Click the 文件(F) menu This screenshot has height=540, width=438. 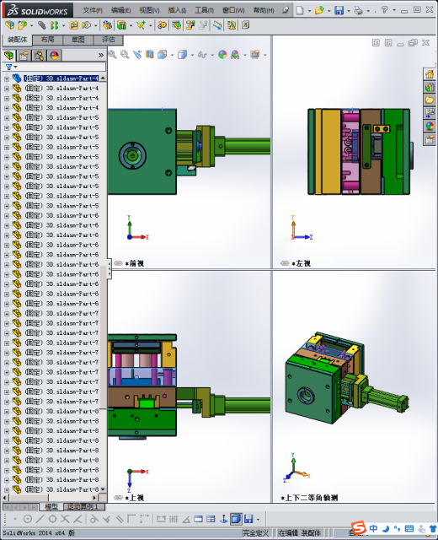tap(93, 10)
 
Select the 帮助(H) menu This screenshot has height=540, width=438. tap(263, 10)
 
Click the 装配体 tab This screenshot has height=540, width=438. tap(17, 40)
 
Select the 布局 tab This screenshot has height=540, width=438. tap(48, 40)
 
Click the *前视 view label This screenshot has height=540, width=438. tap(135, 263)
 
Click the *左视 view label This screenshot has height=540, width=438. tap(302, 263)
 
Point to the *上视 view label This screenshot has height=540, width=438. tap(135, 498)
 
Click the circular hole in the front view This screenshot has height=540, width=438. tap(131, 155)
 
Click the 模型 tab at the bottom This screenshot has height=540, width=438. tap(51, 507)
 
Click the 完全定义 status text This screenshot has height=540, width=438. tap(255, 533)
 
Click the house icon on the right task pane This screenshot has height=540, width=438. tap(430, 74)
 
